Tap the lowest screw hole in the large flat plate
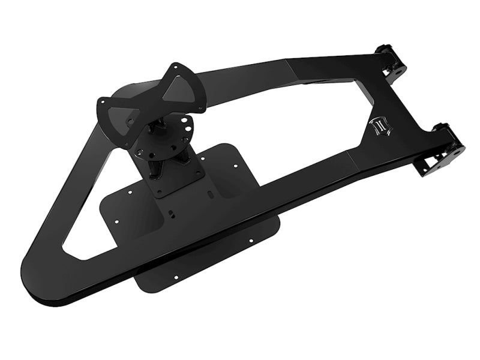coord(176,278)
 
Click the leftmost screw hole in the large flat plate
coord(129,193)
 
